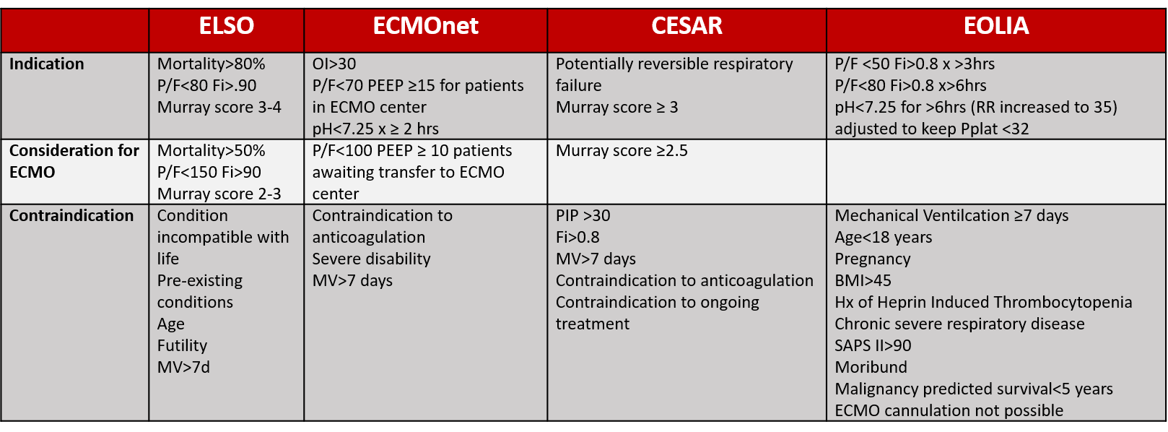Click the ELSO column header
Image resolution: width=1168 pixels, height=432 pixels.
pos(226,26)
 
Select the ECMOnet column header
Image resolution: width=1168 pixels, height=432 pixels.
pos(425,26)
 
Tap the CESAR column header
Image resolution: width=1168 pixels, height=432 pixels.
pos(687,26)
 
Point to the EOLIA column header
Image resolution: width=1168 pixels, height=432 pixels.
pos(996,26)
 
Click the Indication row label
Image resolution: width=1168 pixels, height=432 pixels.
pos(47,64)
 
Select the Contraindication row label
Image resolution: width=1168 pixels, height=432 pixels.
pos(71,215)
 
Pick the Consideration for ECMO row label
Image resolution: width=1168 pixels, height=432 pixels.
pos(74,161)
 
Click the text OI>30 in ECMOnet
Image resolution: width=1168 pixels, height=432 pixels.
pos(334,64)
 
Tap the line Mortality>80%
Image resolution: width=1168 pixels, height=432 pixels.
pos(212,64)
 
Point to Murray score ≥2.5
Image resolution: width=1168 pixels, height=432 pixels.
pos(622,150)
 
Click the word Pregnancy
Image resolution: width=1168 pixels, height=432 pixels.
pos(873,259)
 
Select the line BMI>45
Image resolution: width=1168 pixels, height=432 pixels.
pos(863,280)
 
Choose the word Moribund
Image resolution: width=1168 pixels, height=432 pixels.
pos(871,367)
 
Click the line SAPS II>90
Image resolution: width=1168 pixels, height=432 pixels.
pos(873,345)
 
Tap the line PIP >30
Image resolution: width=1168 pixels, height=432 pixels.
pos(583,215)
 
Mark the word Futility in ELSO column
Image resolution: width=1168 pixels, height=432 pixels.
pos(183,345)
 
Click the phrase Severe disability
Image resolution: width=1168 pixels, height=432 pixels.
pos(371,259)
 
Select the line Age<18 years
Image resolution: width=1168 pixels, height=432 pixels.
pos(884,237)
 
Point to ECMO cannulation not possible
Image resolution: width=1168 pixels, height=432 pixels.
pos(949,410)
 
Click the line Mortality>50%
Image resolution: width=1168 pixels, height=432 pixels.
pos(212,150)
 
